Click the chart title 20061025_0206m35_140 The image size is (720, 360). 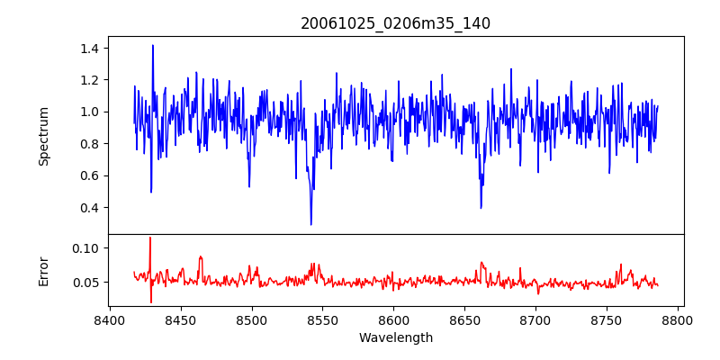[395, 24]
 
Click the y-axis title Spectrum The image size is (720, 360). [43, 136]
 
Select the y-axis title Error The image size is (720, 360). [43, 270]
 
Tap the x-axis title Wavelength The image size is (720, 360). [395, 338]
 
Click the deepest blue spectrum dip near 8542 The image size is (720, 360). [311, 224]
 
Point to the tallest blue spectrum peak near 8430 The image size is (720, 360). [153, 45]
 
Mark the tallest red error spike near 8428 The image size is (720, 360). [150, 238]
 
